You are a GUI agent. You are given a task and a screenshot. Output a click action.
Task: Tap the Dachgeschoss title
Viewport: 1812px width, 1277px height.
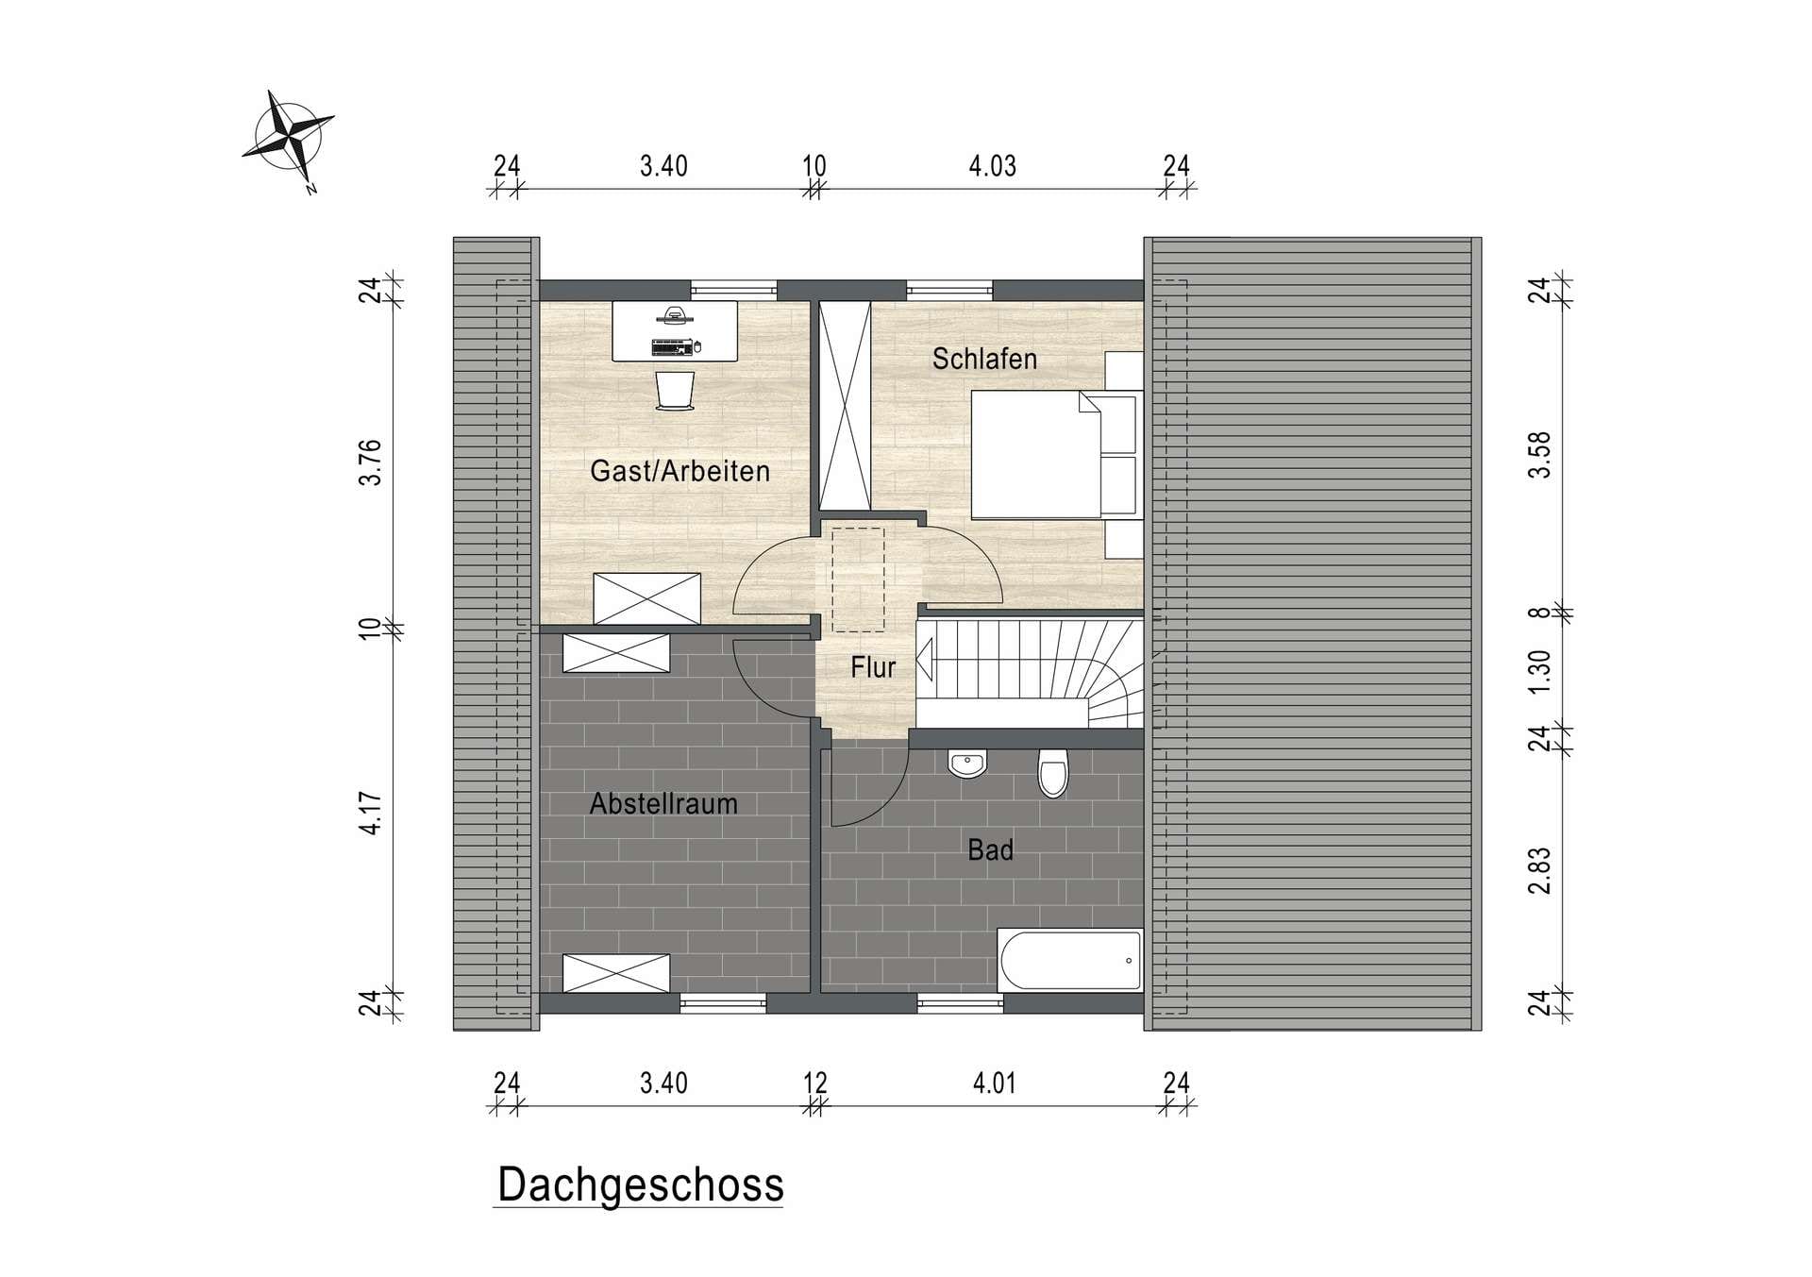[641, 1185]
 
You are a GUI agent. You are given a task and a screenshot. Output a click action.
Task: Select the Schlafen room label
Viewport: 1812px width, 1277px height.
[984, 359]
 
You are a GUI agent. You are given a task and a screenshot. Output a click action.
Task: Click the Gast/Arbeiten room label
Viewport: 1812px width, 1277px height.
[679, 471]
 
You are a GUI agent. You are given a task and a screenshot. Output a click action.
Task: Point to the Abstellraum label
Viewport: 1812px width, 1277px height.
[663, 804]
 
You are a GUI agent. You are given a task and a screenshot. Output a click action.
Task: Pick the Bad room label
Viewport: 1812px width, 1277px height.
[990, 850]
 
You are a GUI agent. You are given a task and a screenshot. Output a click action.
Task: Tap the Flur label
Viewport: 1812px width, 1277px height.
[872, 668]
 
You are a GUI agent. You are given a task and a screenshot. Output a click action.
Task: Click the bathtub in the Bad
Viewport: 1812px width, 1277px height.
[1070, 961]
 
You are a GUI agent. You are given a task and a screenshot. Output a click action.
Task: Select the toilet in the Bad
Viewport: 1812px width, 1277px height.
[1052, 773]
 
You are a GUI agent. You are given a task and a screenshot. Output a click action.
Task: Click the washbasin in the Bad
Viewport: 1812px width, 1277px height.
[966, 764]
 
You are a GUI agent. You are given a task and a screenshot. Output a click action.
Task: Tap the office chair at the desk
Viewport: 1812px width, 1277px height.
[675, 391]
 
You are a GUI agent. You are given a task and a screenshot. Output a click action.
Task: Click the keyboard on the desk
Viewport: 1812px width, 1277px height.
[672, 347]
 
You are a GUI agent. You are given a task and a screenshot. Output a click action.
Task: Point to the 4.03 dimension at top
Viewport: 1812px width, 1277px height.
[993, 167]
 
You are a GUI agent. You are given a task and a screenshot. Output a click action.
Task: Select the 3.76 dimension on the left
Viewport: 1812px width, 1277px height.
[372, 462]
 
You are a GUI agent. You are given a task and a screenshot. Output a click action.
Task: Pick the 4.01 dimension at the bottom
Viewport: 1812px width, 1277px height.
[995, 1084]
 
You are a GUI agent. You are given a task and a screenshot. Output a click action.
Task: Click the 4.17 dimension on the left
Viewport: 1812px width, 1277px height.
[372, 813]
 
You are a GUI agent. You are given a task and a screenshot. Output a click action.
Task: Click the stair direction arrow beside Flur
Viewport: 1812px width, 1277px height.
[925, 659]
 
